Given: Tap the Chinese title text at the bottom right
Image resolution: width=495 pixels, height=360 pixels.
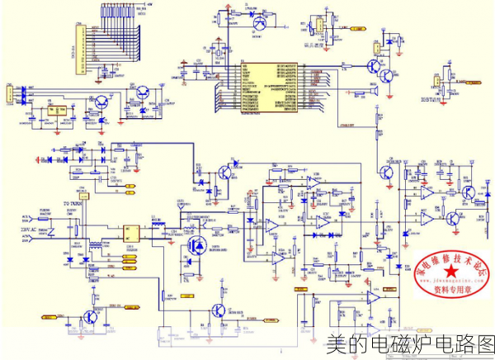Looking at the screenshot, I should tap(409, 343).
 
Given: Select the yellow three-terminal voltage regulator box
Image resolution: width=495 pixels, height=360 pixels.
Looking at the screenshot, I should tap(57, 109).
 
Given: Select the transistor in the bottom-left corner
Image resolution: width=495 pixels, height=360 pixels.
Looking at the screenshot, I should tap(91, 318).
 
